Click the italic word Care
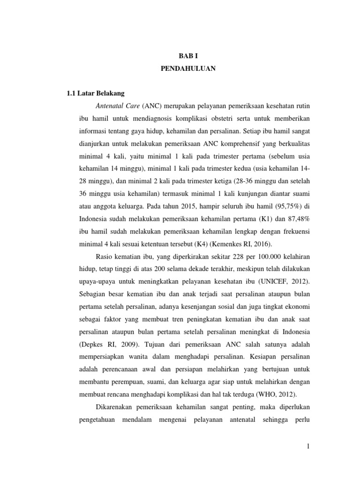click(x=132, y=105)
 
